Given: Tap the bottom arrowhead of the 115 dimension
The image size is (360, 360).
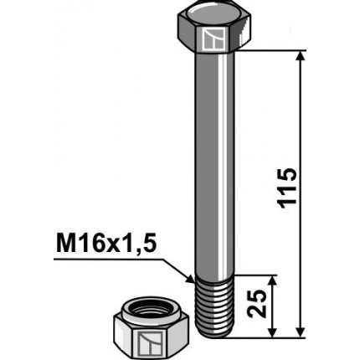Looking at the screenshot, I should pyautogui.click(x=302, y=332).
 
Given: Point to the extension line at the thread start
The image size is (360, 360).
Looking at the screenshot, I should pyautogui.click(x=255, y=275).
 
